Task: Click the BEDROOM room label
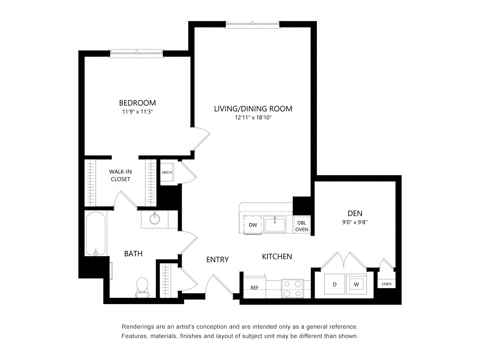(x=137, y=102)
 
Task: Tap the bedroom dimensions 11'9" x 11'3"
(x=137, y=112)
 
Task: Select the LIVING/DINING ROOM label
(x=253, y=109)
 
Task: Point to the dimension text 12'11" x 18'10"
(x=253, y=118)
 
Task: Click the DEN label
(x=355, y=213)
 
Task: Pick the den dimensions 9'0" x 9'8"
(x=355, y=222)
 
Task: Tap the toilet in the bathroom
(x=142, y=287)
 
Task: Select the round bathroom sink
(x=154, y=219)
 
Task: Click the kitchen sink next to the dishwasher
(x=274, y=224)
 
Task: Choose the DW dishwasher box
(x=253, y=225)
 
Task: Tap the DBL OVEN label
(x=302, y=226)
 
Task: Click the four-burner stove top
(x=292, y=288)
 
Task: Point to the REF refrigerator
(x=255, y=287)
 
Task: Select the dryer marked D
(x=334, y=284)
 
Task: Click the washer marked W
(x=356, y=284)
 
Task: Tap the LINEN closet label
(x=386, y=284)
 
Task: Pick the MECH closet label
(x=167, y=172)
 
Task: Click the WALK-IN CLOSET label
(x=120, y=175)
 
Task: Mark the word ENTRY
(x=217, y=259)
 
